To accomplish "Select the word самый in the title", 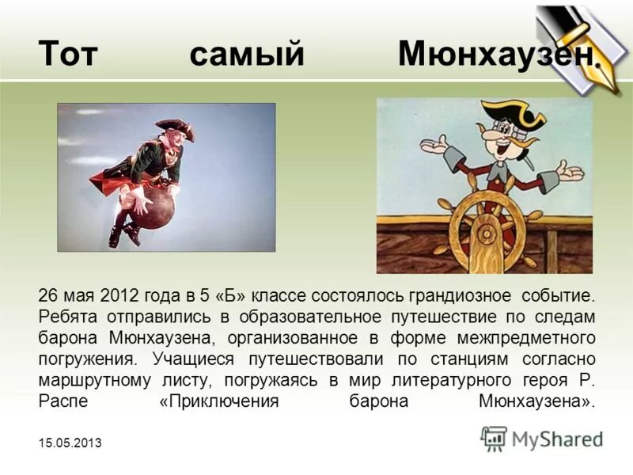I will (247, 54).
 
